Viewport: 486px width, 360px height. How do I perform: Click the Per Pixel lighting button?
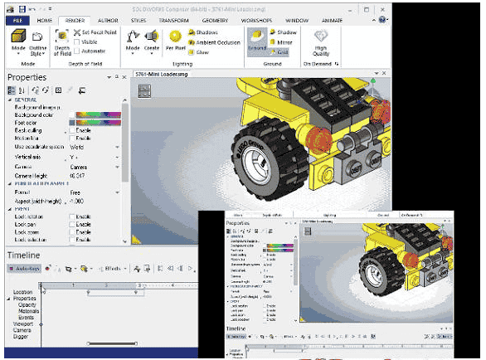(x=175, y=41)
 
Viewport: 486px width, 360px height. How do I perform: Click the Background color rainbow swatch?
(x=98, y=114)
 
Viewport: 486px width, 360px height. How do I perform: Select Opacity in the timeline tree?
(x=27, y=304)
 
